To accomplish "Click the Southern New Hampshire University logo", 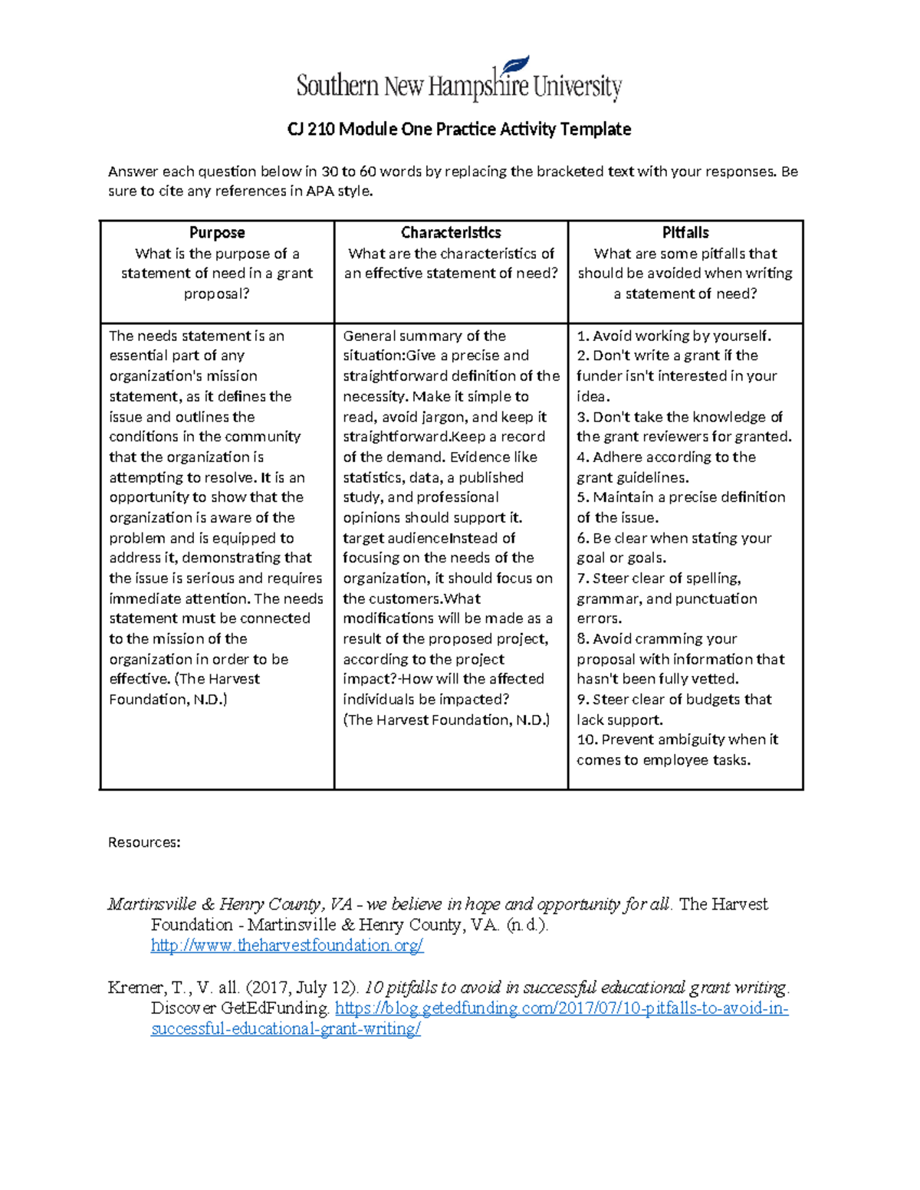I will (x=458, y=81).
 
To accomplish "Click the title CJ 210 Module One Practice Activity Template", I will (x=458, y=129).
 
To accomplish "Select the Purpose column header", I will (x=217, y=233).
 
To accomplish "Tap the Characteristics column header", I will (x=451, y=233).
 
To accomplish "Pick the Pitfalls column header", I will (x=685, y=233).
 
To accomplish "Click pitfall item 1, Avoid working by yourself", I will (x=674, y=336).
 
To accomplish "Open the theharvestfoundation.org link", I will (x=287, y=946).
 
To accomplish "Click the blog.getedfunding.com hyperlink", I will (x=561, y=1008).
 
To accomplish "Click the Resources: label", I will (x=144, y=843).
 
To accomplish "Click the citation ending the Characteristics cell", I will (x=446, y=720).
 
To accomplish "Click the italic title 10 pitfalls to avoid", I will (x=575, y=988).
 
